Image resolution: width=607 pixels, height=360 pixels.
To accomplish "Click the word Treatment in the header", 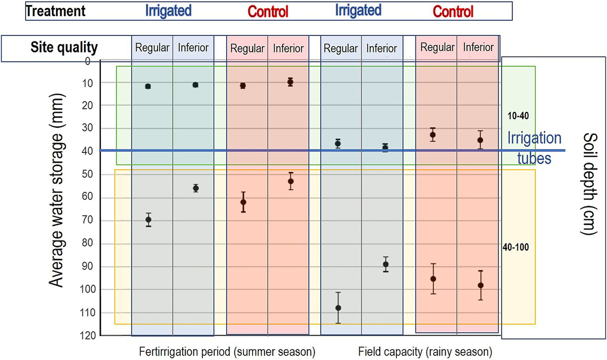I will coord(55,11).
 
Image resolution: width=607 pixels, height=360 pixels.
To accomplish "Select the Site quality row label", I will coord(64,47).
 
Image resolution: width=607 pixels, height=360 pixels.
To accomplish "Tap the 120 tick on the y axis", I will coord(87,335).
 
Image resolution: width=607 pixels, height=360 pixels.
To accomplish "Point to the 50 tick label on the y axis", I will coord(87,174).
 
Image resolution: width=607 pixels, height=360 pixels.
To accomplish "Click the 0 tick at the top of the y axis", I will coord(87,61).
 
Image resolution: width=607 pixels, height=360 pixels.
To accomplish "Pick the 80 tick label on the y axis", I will coord(87,243).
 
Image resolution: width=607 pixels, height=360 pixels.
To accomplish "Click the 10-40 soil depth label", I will coord(518,116).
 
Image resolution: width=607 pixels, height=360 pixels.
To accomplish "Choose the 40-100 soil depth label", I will coord(516,247).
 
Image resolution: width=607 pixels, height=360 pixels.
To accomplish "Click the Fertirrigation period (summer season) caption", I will coord(227,351).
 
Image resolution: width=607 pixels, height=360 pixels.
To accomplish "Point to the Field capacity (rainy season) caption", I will coord(425,351).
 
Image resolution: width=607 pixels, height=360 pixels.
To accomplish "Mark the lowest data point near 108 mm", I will coord(338,308).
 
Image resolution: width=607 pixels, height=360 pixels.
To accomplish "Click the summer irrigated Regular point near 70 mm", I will coord(148,220).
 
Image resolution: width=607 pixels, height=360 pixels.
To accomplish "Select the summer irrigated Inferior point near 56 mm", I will coord(196,188).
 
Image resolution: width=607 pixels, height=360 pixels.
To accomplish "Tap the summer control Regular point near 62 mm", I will coord(243,202).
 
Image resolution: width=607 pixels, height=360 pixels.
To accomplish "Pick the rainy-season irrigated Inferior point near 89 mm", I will coord(386,264).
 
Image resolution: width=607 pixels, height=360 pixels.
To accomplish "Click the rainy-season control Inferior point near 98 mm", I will coord(480,285).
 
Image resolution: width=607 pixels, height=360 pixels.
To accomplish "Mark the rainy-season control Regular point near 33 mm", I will coord(433,135).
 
